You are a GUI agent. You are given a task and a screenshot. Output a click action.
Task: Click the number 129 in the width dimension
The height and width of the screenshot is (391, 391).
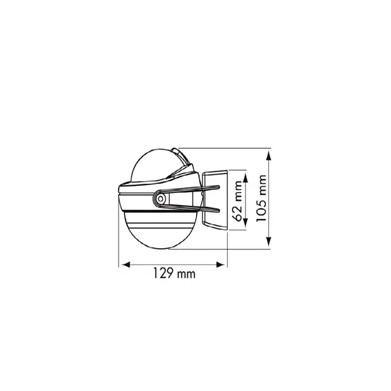[x=163, y=273]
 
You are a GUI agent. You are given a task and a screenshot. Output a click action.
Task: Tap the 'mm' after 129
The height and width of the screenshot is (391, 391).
[x=186, y=275]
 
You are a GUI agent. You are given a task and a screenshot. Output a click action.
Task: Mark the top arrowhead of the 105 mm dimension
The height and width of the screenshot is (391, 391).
[x=268, y=154]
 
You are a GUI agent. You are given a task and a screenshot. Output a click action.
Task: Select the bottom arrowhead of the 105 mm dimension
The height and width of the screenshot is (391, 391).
[x=268, y=242]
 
